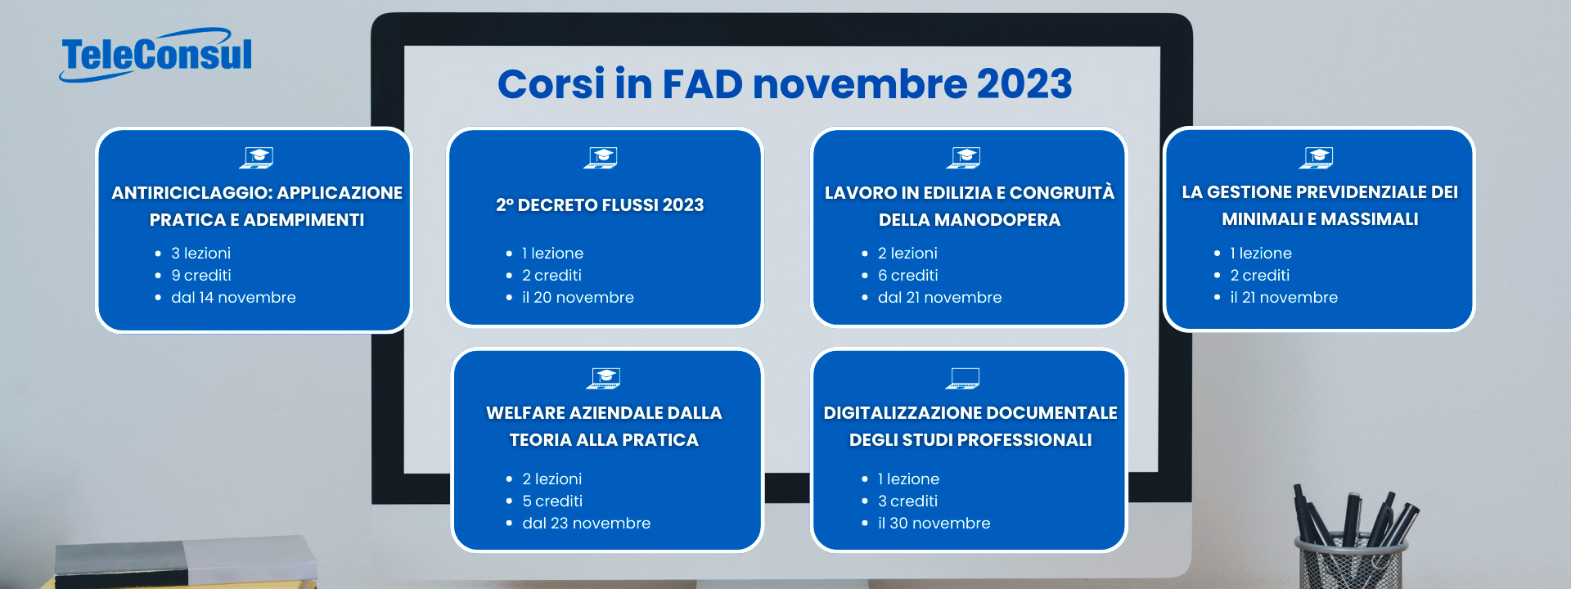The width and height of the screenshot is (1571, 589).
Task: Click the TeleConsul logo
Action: [x=155, y=55]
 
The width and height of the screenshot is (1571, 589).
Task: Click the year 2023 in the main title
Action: [x=1024, y=83]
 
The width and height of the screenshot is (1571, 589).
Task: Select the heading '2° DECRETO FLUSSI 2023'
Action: [x=600, y=205]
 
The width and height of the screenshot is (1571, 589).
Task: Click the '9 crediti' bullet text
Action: [x=201, y=276]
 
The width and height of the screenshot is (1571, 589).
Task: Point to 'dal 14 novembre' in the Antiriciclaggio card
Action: [x=233, y=298]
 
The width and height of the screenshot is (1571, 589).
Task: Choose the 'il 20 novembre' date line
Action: [x=578, y=298]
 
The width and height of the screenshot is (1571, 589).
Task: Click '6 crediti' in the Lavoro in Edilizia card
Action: [x=907, y=276]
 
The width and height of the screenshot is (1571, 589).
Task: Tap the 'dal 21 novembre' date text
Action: [x=939, y=298]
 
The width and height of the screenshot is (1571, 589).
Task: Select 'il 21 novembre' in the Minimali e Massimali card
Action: [x=1284, y=298]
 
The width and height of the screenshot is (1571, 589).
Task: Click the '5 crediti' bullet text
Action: [x=552, y=501]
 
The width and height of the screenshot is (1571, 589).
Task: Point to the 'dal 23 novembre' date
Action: [x=586, y=524]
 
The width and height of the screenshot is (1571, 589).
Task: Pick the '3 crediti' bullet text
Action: [x=907, y=501]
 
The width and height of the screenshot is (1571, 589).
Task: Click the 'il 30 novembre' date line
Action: [x=934, y=524]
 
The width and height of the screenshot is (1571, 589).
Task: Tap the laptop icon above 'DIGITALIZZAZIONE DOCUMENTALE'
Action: [x=963, y=378]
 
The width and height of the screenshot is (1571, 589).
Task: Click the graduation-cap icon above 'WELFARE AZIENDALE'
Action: [x=604, y=378]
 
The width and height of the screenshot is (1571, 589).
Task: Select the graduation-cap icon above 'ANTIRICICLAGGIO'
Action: [x=256, y=157]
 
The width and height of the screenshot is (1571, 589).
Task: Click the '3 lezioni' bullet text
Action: [x=200, y=254]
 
